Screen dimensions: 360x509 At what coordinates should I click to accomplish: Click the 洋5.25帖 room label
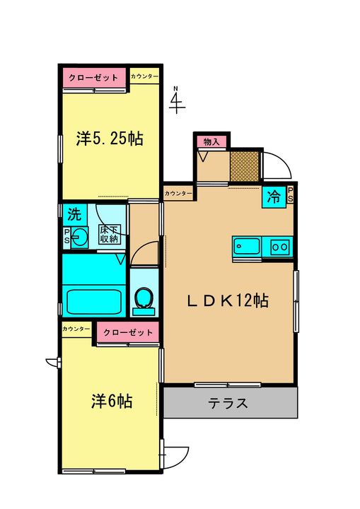[110, 139]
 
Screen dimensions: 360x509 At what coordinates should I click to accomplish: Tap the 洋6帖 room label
[112, 402]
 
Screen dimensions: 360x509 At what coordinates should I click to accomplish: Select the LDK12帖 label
[228, 301]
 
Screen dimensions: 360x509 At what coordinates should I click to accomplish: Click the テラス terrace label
[228, 403]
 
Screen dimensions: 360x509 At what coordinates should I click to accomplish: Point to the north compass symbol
[178, 100]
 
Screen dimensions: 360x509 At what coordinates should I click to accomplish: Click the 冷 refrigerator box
[274, 197]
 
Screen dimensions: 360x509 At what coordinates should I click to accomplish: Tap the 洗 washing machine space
[74, 214]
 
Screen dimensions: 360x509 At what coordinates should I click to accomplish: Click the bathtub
[94, 302]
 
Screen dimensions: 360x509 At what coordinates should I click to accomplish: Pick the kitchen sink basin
[247, 247]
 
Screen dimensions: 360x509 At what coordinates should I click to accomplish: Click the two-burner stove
[280, 247]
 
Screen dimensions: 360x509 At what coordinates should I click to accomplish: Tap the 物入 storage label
[211, 142]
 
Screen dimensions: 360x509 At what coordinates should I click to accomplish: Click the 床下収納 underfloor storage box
[110, 235]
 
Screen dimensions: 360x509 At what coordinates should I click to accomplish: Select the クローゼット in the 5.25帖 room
[94, 78]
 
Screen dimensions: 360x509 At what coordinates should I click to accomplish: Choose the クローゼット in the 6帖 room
[128, 332]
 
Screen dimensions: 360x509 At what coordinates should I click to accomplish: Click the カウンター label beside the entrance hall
[178, 194]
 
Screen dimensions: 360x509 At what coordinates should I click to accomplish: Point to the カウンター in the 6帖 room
[76, 329]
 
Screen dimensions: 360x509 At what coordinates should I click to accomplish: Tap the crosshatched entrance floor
[245, 165]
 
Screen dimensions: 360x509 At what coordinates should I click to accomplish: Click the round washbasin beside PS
[79, 238]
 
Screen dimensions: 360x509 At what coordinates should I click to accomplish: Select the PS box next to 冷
[290, 195]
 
